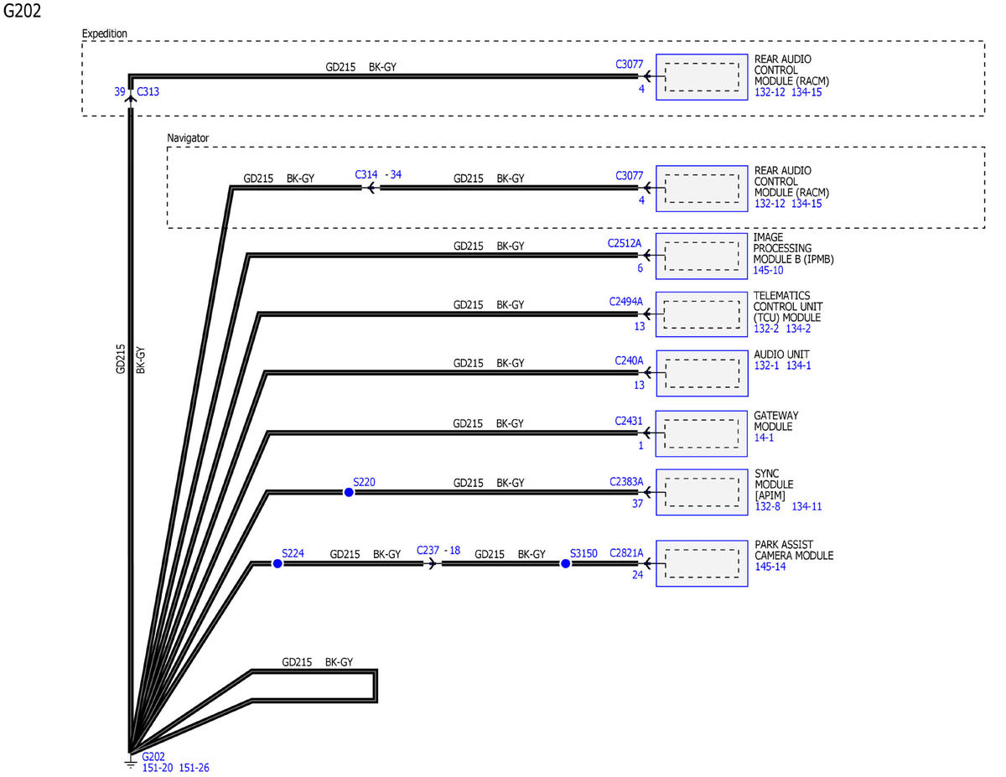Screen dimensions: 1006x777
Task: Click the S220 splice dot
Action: tap(349, 492)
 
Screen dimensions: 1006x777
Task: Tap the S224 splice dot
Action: tap(277, 563)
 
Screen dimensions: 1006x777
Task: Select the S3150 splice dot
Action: tap(565, 563)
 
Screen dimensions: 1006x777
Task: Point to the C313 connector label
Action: tap(148, 91)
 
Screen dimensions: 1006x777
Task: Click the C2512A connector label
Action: tap(624, 243)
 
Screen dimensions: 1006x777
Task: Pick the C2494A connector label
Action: tap(625, 302)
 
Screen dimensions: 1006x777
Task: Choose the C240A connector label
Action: tap(629, 360)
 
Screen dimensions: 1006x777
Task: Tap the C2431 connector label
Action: tap(628, 421)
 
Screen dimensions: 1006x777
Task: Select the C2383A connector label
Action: tap(626, 482)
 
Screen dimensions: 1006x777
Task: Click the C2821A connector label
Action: tap(626, 553)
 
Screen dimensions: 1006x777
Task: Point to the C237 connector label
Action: tap(428, 550)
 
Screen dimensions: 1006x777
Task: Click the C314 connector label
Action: tap(366, 174)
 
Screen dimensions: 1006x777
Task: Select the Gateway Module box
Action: tap(702, 433)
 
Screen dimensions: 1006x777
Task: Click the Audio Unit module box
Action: tap(702, 373)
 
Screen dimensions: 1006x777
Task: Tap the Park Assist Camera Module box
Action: tap(702, 563)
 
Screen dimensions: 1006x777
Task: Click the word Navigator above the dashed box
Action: tap(188, 138)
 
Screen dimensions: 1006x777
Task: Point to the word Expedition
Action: tap(104, 34)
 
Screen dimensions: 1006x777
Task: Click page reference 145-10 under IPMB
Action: tap(768, 270)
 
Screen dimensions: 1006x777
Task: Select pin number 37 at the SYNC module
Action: tap(637, 504)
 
